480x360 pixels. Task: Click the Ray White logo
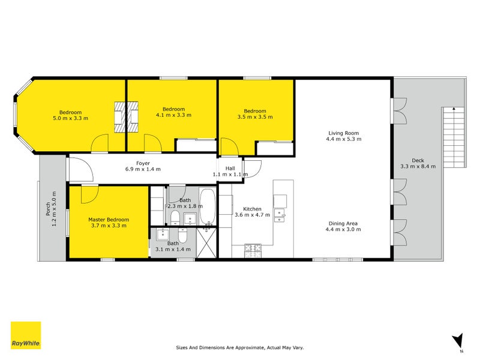pos(26,335)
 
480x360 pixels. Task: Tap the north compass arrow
pos(457,341)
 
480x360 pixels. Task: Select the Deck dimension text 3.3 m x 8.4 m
pos(418,166)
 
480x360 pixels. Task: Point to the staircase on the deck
pos(454,137)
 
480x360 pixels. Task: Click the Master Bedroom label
pos(108,220)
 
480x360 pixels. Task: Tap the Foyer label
pos(143,163)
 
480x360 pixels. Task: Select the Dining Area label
pos(341,223)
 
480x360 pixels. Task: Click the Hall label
pos(230,169)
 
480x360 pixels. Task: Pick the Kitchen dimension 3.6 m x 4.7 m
pos(252,215)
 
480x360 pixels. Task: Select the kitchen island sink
pos(280,218)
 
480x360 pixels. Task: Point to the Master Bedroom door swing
pos(89,193)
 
